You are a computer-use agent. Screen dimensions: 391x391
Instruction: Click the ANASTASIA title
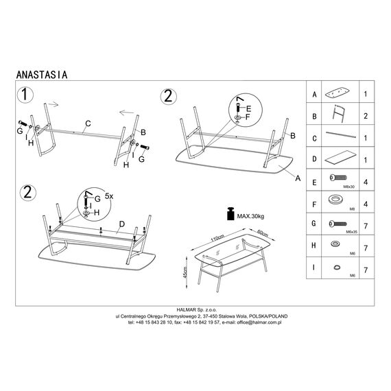click(x=42, y=75)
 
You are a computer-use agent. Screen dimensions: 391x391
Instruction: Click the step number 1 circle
click(x=25, y=95)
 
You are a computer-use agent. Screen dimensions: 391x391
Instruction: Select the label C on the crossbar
click(x=88, y=123)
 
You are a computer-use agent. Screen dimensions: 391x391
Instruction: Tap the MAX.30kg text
click(x=250, y=216)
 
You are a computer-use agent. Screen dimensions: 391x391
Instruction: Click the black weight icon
click(x=230, y=214)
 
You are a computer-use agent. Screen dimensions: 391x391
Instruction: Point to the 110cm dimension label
click(x=217, y=238)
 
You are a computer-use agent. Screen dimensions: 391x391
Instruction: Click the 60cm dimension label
click(x=263, y=233)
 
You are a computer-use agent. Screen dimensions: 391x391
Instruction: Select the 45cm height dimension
click(x=185, y=272)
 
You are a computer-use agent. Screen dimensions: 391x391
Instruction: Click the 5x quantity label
click(x=109, y=196)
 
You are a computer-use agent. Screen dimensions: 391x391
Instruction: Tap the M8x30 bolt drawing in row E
click(x=338, y=178)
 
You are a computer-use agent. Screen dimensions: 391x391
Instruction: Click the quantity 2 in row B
click(x=366, y=116)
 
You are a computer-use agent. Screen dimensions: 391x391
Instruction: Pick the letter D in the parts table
click(x=314, y=159)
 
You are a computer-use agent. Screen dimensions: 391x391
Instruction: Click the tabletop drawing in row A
click(x=337, y=93)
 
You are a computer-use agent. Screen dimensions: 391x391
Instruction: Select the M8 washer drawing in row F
click(x=336, y=200)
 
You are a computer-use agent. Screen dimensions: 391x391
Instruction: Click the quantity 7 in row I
click(x=366, y=270)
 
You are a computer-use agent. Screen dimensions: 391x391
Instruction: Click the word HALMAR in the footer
click(x=187, y=310)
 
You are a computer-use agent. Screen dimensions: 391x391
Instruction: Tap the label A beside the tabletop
click(x=298, y=178)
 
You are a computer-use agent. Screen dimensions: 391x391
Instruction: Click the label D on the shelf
click(x=121, y=224)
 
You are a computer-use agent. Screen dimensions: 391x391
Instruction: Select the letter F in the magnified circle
click(x=248, y=117)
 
